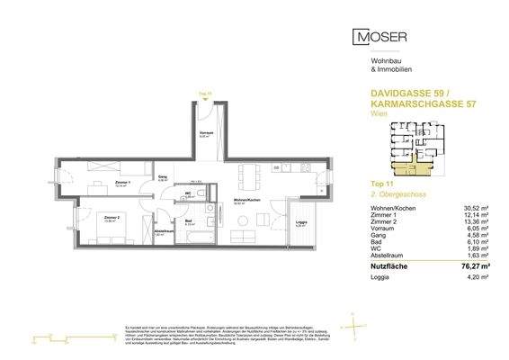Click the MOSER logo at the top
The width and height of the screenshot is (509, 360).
pos(381,37)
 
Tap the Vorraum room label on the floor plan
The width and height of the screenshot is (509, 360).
pos(205,135)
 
